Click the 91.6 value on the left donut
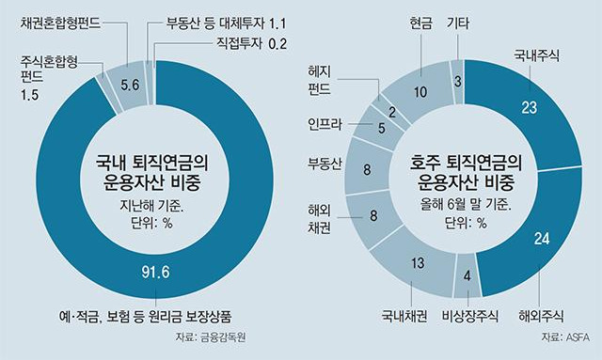(x=155, y=272)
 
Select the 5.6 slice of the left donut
(x=128, y=86)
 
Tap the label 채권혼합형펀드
(x=60, y=23)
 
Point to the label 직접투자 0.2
(x=251, y=43)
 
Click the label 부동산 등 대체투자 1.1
(x=227, y=23)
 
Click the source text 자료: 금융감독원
(x=211, y=337)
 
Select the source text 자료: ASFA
(x=565, y=337)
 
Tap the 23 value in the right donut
(x=529, y=107)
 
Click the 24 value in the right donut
(x=542, y=239)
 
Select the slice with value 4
(x=467, y=275)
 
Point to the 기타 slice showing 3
(x=457, y=82)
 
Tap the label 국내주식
(x=536, y=56)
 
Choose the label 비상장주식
(x=470, y=316)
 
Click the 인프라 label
(x=325, y=124)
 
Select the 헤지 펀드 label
(x=319, y=80)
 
